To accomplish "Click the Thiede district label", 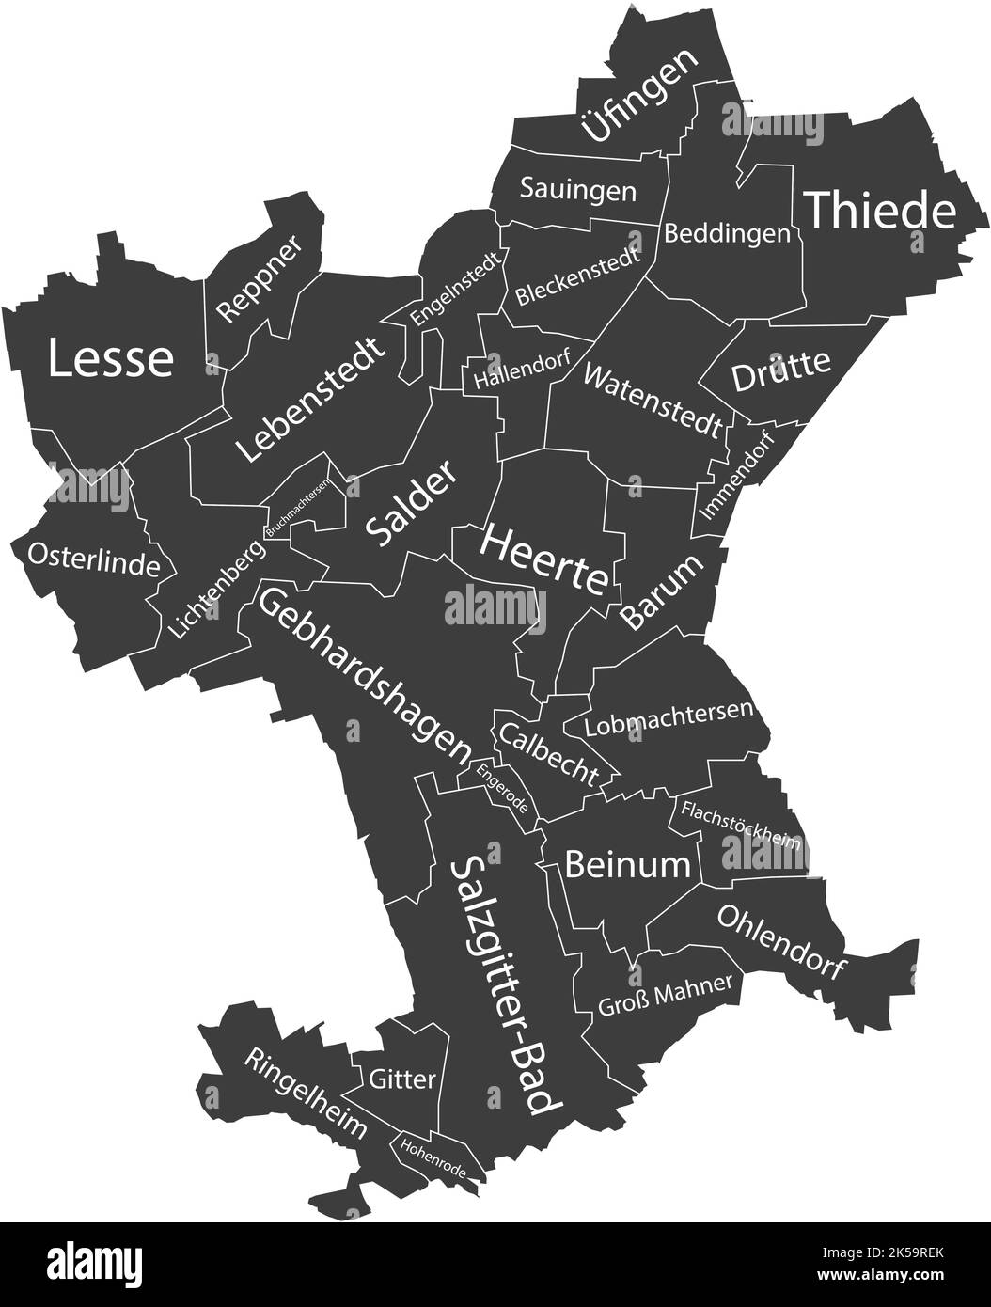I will click(881, 211).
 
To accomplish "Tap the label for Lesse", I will click(111, 358).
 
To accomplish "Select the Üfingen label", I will click(639, 95).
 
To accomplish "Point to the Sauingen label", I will click(578, 190).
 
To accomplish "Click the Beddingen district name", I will click(727, 233).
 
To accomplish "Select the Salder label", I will click(411, 504).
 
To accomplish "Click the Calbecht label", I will click(549, 753).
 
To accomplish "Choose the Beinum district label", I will click(627, 863).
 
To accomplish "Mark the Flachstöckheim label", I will click(741, 826).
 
